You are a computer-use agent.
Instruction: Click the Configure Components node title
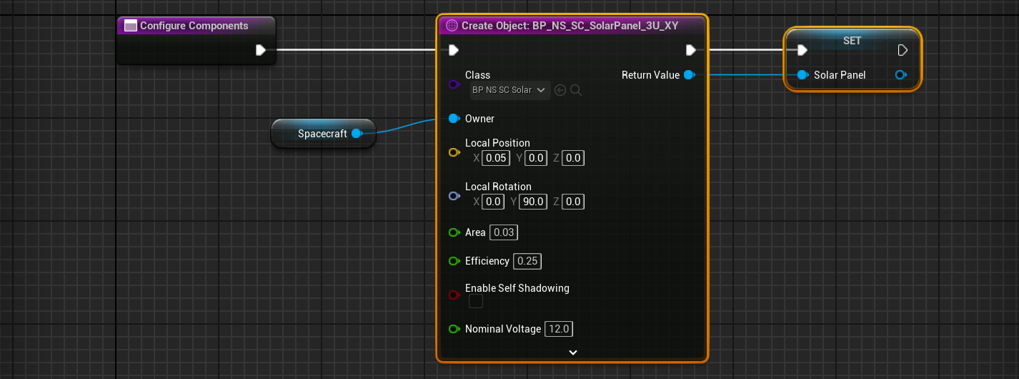194,26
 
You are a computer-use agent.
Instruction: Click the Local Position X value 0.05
497,158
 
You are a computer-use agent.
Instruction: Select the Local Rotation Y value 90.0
533,202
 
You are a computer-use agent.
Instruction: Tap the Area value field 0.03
504,232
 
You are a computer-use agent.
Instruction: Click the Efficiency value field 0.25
527,261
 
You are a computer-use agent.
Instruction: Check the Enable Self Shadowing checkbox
476,302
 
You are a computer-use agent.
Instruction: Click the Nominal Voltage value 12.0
559,329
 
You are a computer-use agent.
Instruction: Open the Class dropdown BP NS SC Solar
509,90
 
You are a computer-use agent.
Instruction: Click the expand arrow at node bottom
572,352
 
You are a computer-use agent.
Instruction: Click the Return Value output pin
689,75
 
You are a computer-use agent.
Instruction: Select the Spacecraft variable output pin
357,134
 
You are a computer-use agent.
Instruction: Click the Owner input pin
454,119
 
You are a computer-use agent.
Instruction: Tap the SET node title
852,41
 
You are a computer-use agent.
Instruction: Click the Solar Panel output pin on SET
901,75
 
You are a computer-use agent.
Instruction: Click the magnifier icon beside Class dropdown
576,90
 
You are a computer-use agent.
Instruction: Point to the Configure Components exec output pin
261,50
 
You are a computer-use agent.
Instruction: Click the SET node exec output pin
903,50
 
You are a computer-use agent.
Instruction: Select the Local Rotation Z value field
573,202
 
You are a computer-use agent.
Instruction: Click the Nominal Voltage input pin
454,329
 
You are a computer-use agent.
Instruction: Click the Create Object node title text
570,26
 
